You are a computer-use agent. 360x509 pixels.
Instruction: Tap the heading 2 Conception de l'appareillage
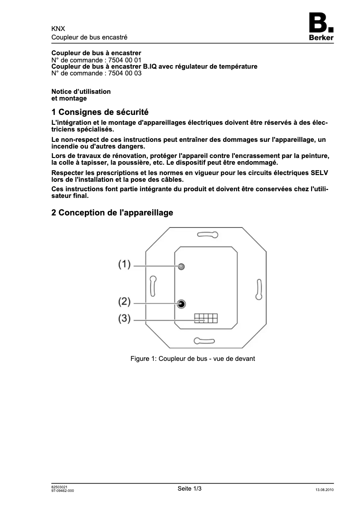point(112,212)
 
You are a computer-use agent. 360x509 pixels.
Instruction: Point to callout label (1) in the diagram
point(124,264)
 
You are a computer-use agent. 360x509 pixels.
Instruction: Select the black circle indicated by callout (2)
point(181,304)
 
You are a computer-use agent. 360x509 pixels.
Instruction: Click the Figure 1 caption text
point(193,359)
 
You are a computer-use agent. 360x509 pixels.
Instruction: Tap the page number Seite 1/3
point(189,488)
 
